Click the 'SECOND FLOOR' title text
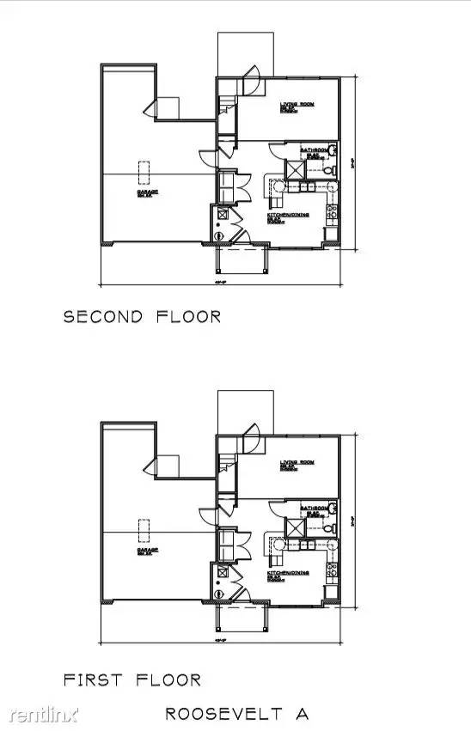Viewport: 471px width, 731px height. click(143, 316)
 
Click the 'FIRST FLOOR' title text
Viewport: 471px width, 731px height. click(132, 679)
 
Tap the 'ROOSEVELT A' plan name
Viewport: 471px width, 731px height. click(237, 713)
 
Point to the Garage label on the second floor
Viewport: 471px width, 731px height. click(148, 194)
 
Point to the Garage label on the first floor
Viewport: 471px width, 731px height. click(148, 552)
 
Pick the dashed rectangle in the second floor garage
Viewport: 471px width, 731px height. click(146, 170)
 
